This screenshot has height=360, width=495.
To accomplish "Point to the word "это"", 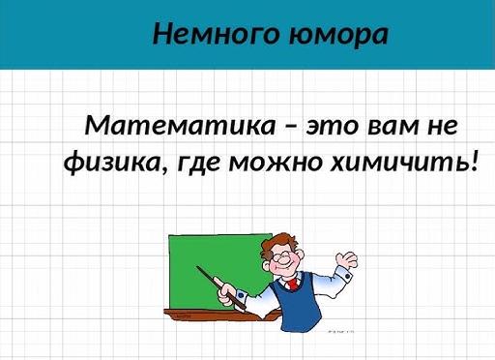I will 331,126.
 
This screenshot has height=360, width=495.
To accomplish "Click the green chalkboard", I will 208,266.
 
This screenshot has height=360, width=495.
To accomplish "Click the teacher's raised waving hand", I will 343,260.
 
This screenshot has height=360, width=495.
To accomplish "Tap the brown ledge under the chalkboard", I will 208,315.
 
